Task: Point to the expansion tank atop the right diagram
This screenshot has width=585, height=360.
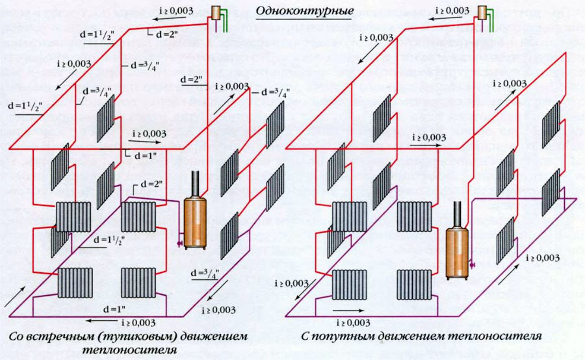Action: click(x=484, y=13)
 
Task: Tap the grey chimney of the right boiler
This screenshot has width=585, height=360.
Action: click(x=457, y=213)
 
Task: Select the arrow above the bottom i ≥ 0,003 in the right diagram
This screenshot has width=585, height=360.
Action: click(x=346, y=310)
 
